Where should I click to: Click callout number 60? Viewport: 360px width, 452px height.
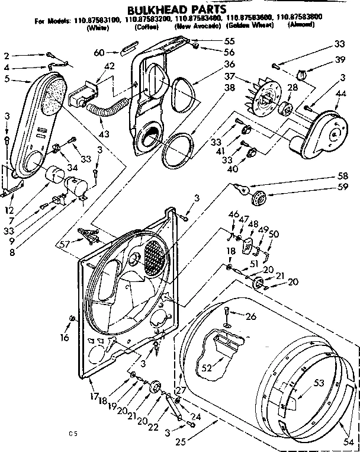[99, 53]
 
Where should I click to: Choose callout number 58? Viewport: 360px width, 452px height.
[343, 177]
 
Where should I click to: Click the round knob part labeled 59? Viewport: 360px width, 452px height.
[259, 197]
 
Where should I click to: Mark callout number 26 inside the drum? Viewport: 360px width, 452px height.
[250, 316]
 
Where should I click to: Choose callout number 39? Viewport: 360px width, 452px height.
[340, 60]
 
